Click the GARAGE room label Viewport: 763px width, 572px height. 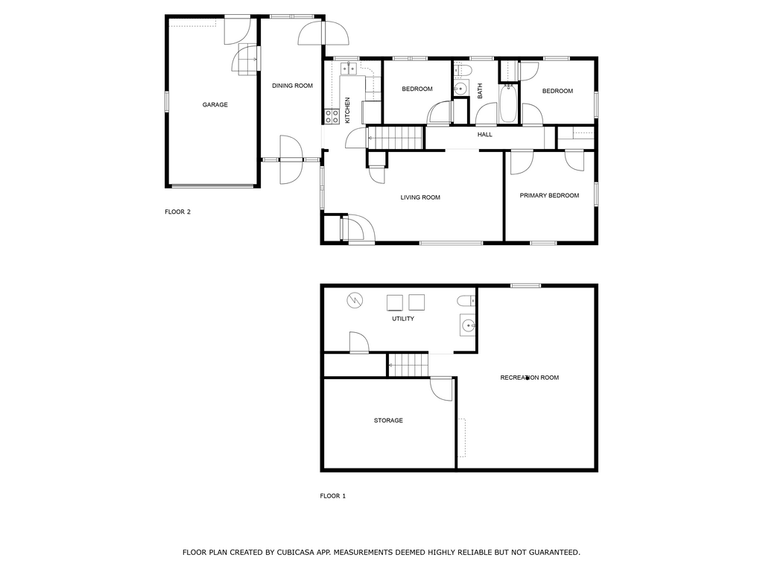pos(215,104)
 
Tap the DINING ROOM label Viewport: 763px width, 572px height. pos(292,86)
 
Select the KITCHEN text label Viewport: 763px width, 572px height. pos(347,110)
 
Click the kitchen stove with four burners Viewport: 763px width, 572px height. pos(332,116)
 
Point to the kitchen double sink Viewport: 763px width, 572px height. pos(349,69)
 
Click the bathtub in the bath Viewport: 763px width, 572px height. pos(508,103)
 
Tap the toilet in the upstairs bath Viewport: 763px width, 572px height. pos(463,71)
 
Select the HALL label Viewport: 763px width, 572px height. pos(484,135)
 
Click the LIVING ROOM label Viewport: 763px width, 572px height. pos(420,197)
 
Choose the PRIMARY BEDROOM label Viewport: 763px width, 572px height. pos(549,196)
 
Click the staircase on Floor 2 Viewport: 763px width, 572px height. pos(394,138)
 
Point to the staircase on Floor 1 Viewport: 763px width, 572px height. pos(408,365)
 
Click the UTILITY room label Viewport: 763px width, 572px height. pos(403,319)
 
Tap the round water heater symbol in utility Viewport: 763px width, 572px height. pos(355,301)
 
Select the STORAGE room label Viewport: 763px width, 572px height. pos(388,420)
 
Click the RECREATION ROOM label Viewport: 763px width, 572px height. pos(530,378)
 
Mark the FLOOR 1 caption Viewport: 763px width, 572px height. pos(333,496)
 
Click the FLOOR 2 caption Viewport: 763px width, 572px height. pos(177,212)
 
